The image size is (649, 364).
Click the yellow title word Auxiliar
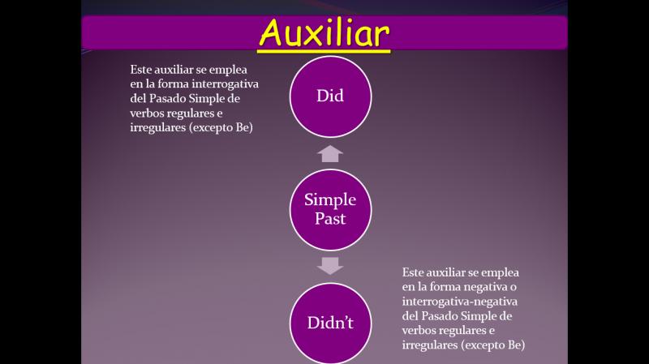[324, 32]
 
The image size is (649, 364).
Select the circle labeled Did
[330, 96]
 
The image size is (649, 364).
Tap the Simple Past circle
[330, 210]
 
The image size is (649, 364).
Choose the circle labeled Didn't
[330, 323]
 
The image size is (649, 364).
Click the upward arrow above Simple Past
[330, 153]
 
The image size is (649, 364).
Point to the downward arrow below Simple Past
[330, 266]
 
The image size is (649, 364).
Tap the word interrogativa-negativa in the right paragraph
[459, 302]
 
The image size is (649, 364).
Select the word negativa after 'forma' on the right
[486, 287]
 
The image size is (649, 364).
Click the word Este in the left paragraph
[140, 70]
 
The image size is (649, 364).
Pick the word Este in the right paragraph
[413, 272]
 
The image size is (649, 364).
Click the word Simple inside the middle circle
[330, 199]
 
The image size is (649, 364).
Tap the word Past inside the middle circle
[330, 218]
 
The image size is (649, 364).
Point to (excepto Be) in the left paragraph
[221, 127]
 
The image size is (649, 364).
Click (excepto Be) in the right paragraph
[493, 345]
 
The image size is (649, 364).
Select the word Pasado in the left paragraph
[167, 98]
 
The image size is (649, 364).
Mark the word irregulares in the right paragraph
[430, 345]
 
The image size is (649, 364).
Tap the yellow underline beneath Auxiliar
[324, 51]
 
